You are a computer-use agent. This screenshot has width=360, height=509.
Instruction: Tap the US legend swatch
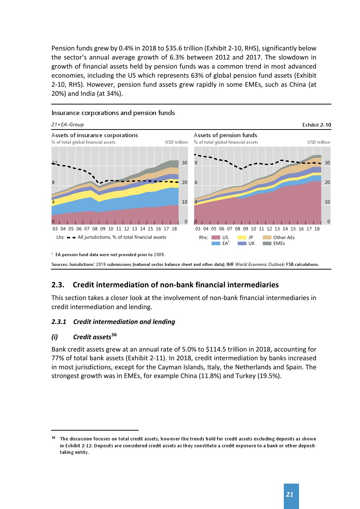click(x=216, y=238)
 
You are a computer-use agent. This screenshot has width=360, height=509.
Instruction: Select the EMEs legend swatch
click(x=267, y=243)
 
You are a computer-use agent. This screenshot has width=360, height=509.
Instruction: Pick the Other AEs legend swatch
click(x=267, y=238)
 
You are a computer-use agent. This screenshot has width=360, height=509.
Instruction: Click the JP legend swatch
click(x=242, y=238)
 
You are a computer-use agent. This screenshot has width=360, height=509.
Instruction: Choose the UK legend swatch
click(x=242, y=243)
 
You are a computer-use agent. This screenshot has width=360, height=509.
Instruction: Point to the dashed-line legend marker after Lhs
click(x=71, y=238)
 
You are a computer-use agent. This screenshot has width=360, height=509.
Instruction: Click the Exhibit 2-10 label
click(x=316, y=125)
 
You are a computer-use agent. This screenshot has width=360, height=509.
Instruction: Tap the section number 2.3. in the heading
click(x=58, y=285)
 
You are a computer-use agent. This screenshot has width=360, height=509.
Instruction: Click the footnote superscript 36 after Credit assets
click(x=114, y=335)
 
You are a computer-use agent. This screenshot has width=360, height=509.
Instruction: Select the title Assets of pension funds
click(x=225, y=135)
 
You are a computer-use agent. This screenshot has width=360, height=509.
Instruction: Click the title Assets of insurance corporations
click(x=95, y=135)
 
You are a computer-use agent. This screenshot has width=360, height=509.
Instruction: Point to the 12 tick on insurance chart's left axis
click(x=54, y=163)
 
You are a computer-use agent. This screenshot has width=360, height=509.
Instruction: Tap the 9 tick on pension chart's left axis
click(x=196, y=163)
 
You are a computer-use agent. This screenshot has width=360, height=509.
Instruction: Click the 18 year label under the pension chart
click(x=317, y=229)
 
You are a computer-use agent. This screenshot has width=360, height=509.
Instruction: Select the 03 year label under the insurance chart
click(x=55, y=229)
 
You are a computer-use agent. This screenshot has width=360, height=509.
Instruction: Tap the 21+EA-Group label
click(x=67, y=125)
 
